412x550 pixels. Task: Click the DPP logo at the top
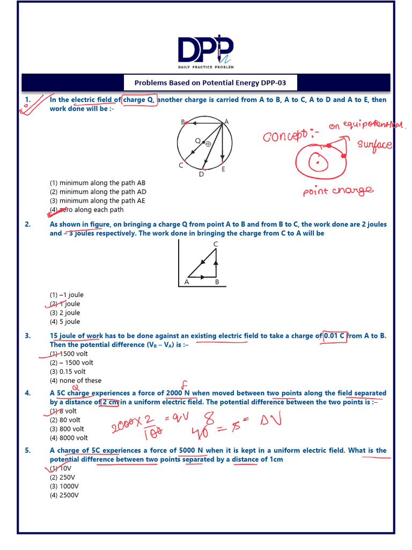(206, 51)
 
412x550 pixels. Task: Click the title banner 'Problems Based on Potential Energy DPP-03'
(206, 83)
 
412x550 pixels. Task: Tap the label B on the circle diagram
(183, 122)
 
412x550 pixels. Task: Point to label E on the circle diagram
(223, 169)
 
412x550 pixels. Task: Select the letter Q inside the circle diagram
(197, 141)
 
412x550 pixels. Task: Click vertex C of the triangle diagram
(215, 244)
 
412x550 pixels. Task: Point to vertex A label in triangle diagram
(187, 281)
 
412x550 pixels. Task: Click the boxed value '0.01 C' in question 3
(334, 336)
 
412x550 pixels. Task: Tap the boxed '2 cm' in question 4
(109, 402)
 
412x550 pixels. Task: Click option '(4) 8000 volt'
(69, 438)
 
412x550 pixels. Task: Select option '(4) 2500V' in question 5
(64, 495)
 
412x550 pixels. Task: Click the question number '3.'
(28, 336)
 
